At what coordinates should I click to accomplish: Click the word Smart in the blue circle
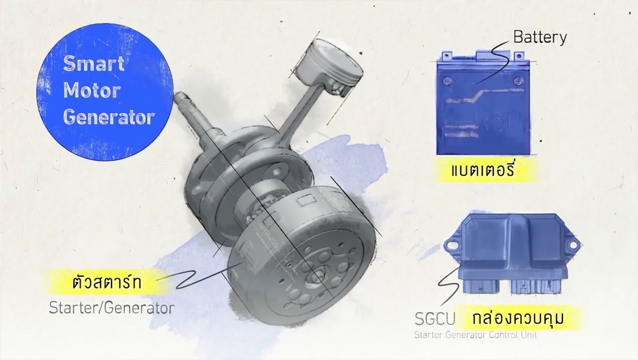tap(94, 63)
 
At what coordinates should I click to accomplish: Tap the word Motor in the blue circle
tap(92, 90)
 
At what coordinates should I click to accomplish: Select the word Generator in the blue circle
tap(109, 117)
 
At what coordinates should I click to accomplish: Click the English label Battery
tap(540, 38)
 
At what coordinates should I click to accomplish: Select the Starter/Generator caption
tap(111, 308)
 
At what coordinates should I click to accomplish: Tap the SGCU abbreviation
tap(435, 319)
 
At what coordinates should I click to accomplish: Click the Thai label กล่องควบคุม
tap(518, 318)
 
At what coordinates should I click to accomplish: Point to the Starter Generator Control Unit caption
tap(475, 335)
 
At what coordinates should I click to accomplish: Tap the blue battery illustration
tap(484, 103)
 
